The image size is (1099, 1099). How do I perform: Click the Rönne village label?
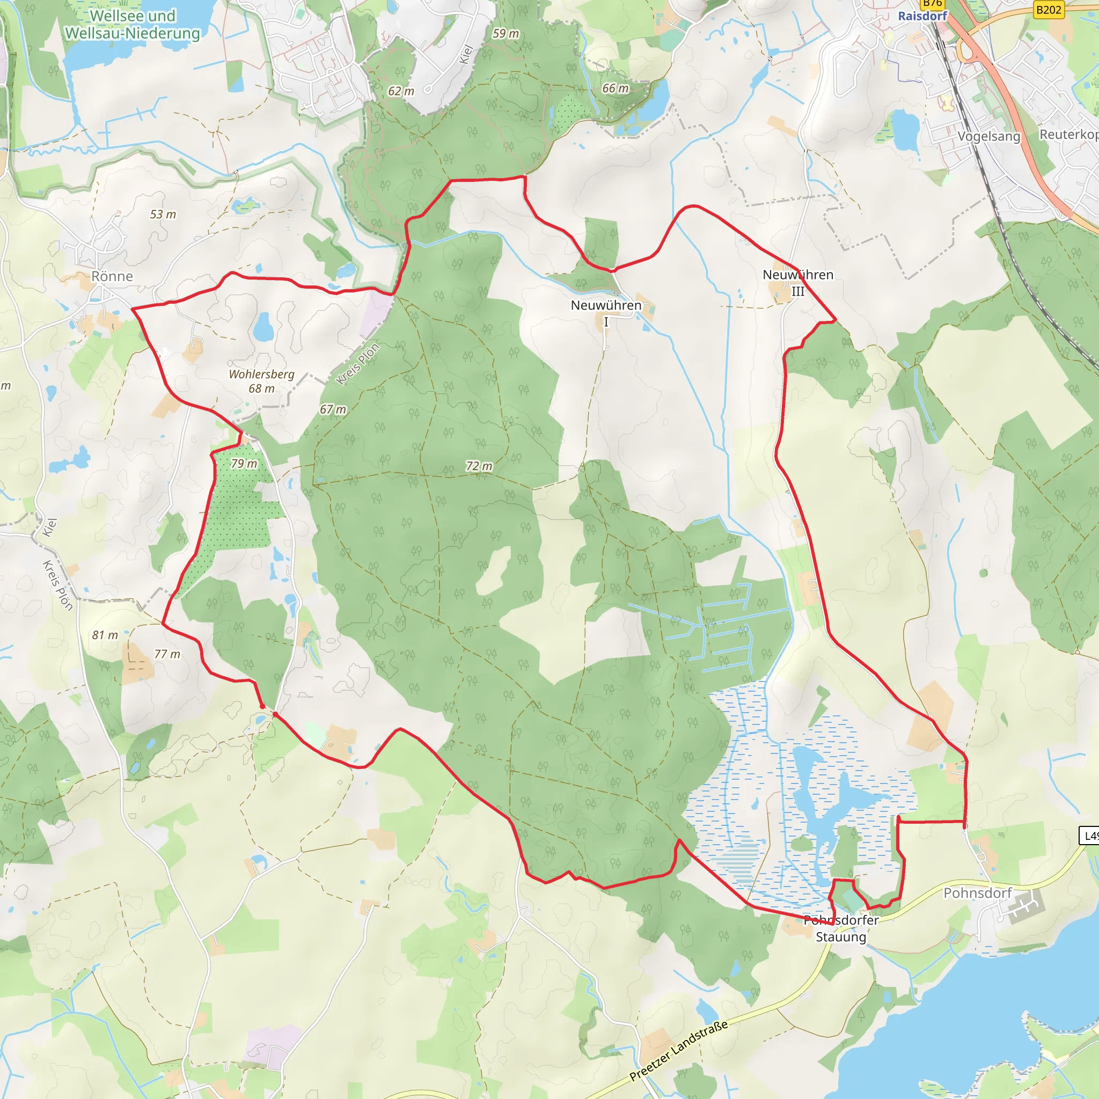112,276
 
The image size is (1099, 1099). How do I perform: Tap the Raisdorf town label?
922,16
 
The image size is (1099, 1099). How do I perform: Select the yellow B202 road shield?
1049,10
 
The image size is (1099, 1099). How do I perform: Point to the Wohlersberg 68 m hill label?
262,381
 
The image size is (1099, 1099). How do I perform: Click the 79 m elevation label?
244,464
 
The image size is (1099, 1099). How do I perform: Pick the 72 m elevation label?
479,466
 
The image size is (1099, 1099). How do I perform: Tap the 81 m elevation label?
105,635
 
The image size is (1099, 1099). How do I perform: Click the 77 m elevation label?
167,654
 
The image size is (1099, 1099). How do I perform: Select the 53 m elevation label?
163,215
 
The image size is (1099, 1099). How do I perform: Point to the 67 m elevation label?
333,409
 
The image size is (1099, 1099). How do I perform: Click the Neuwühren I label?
606,313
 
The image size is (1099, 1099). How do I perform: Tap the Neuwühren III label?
797,283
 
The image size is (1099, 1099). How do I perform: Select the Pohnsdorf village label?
977,893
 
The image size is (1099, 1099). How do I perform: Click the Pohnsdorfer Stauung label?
841,928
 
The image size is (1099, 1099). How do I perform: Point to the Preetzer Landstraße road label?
679,1050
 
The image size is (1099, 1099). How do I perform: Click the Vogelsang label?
988,136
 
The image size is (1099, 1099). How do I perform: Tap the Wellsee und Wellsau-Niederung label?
133,25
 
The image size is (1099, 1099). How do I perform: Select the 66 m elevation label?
616,88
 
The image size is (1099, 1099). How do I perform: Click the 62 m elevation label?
401,91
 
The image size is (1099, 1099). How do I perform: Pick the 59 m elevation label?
505,34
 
